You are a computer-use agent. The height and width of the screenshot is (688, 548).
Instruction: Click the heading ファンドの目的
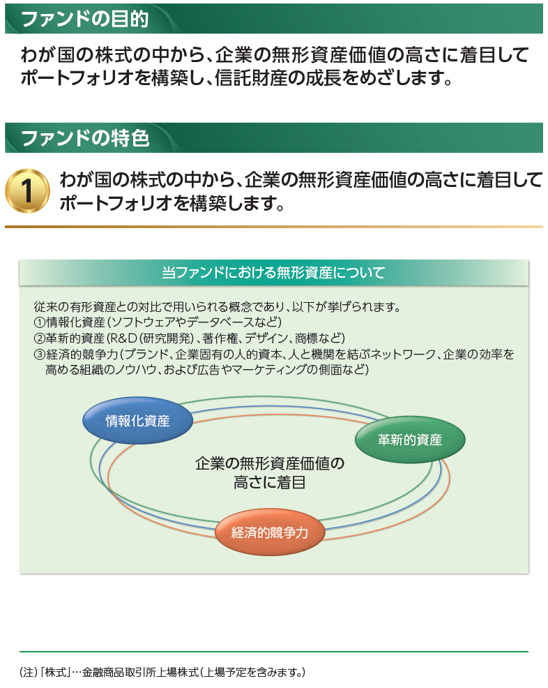(x=84, y=19)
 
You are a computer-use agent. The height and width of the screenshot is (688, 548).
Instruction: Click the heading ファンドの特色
(x=84, y=138)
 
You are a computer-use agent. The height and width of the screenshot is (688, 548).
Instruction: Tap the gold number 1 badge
(x=27, y=190)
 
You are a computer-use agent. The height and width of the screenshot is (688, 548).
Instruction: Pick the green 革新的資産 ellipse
(x=409, y=440)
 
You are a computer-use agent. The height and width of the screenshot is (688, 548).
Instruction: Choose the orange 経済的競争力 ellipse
(x=269, y=534)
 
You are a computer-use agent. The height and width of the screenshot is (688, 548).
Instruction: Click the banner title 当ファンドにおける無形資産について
(x=273, y=273)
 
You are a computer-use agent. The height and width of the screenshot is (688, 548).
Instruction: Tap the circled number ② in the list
(x=39, y=339)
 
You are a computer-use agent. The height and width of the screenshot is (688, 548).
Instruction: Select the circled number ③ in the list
(x=39, y=355)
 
